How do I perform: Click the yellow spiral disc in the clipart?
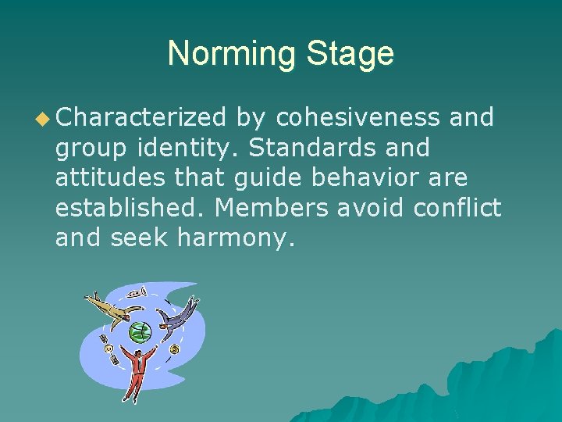point(173,349)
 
